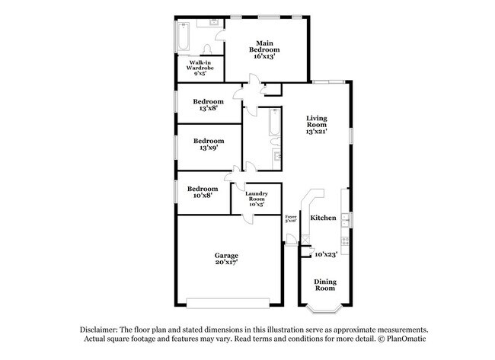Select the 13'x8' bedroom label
[x=208, y=105]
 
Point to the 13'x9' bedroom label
[x=208, y=144]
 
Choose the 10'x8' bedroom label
[x=203, y=192]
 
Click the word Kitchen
[x=323, y=218]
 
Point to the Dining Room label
[x=325, y=285]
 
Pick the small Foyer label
[x=290, y=219]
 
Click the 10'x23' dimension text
[x=325, y=254]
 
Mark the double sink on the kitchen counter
[x=345, y=221]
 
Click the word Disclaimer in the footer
[x=103, y=328]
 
